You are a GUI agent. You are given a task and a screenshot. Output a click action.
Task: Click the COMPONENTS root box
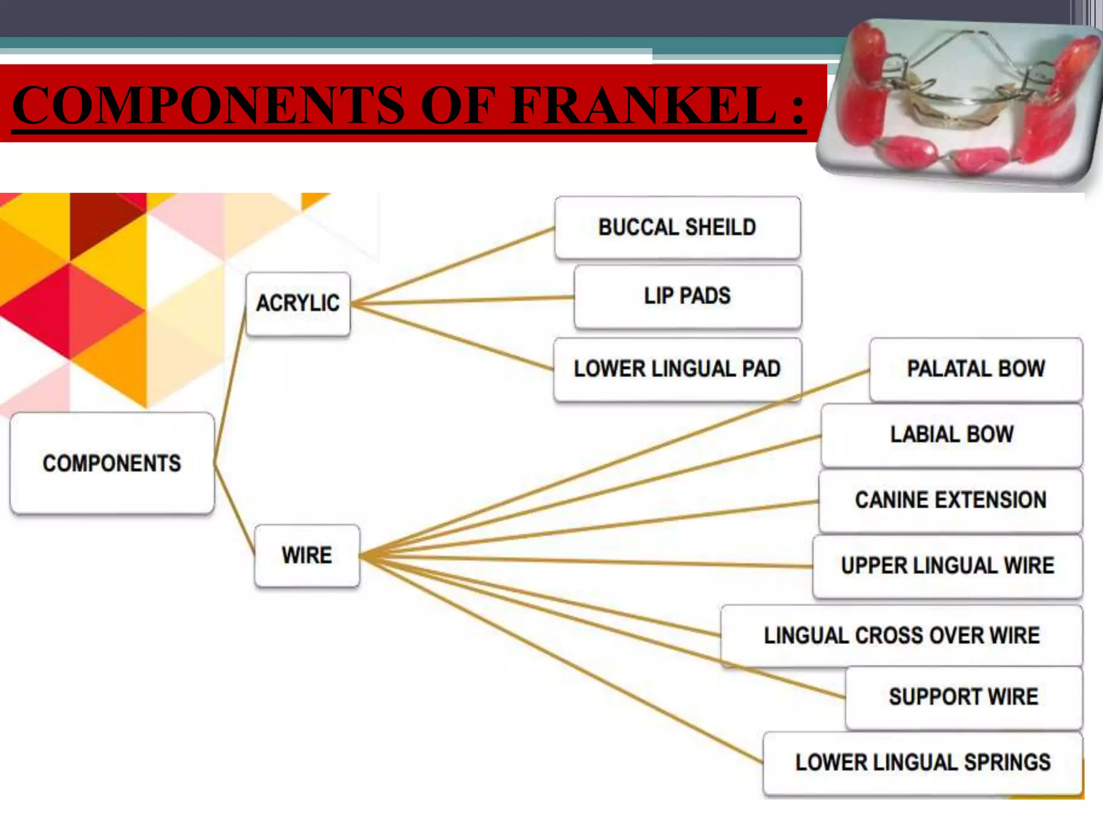tap(112, 463)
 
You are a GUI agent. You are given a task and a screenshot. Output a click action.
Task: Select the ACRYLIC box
tap(298, 304)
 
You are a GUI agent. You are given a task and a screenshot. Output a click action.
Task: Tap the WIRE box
tap(307, 555)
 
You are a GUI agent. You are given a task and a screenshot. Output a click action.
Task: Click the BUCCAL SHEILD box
tap(678, 227)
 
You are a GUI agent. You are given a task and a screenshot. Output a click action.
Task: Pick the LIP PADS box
tap(688, 296)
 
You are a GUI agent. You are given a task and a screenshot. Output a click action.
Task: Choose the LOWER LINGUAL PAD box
tap(678, 369)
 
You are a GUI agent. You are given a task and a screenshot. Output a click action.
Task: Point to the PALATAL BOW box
tap(976, 369)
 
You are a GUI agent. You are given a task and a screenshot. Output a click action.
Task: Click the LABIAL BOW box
tap(952, 435)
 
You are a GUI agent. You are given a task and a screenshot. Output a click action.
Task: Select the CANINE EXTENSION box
tap(951, 500)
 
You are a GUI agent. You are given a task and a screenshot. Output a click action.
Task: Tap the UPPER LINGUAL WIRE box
tap(947, 566)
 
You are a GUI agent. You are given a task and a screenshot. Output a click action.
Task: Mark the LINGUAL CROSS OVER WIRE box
tap(902, 636)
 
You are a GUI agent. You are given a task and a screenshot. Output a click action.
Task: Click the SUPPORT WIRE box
tap(964, 697)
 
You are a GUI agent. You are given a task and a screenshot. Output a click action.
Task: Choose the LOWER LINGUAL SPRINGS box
tap(923, 763)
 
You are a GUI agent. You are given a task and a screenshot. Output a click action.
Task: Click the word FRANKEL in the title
tap(644, 105)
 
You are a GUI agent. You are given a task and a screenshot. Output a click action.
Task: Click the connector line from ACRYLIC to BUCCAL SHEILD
tap(452, 266)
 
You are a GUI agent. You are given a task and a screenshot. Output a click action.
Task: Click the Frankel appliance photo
tap(959, 102)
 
